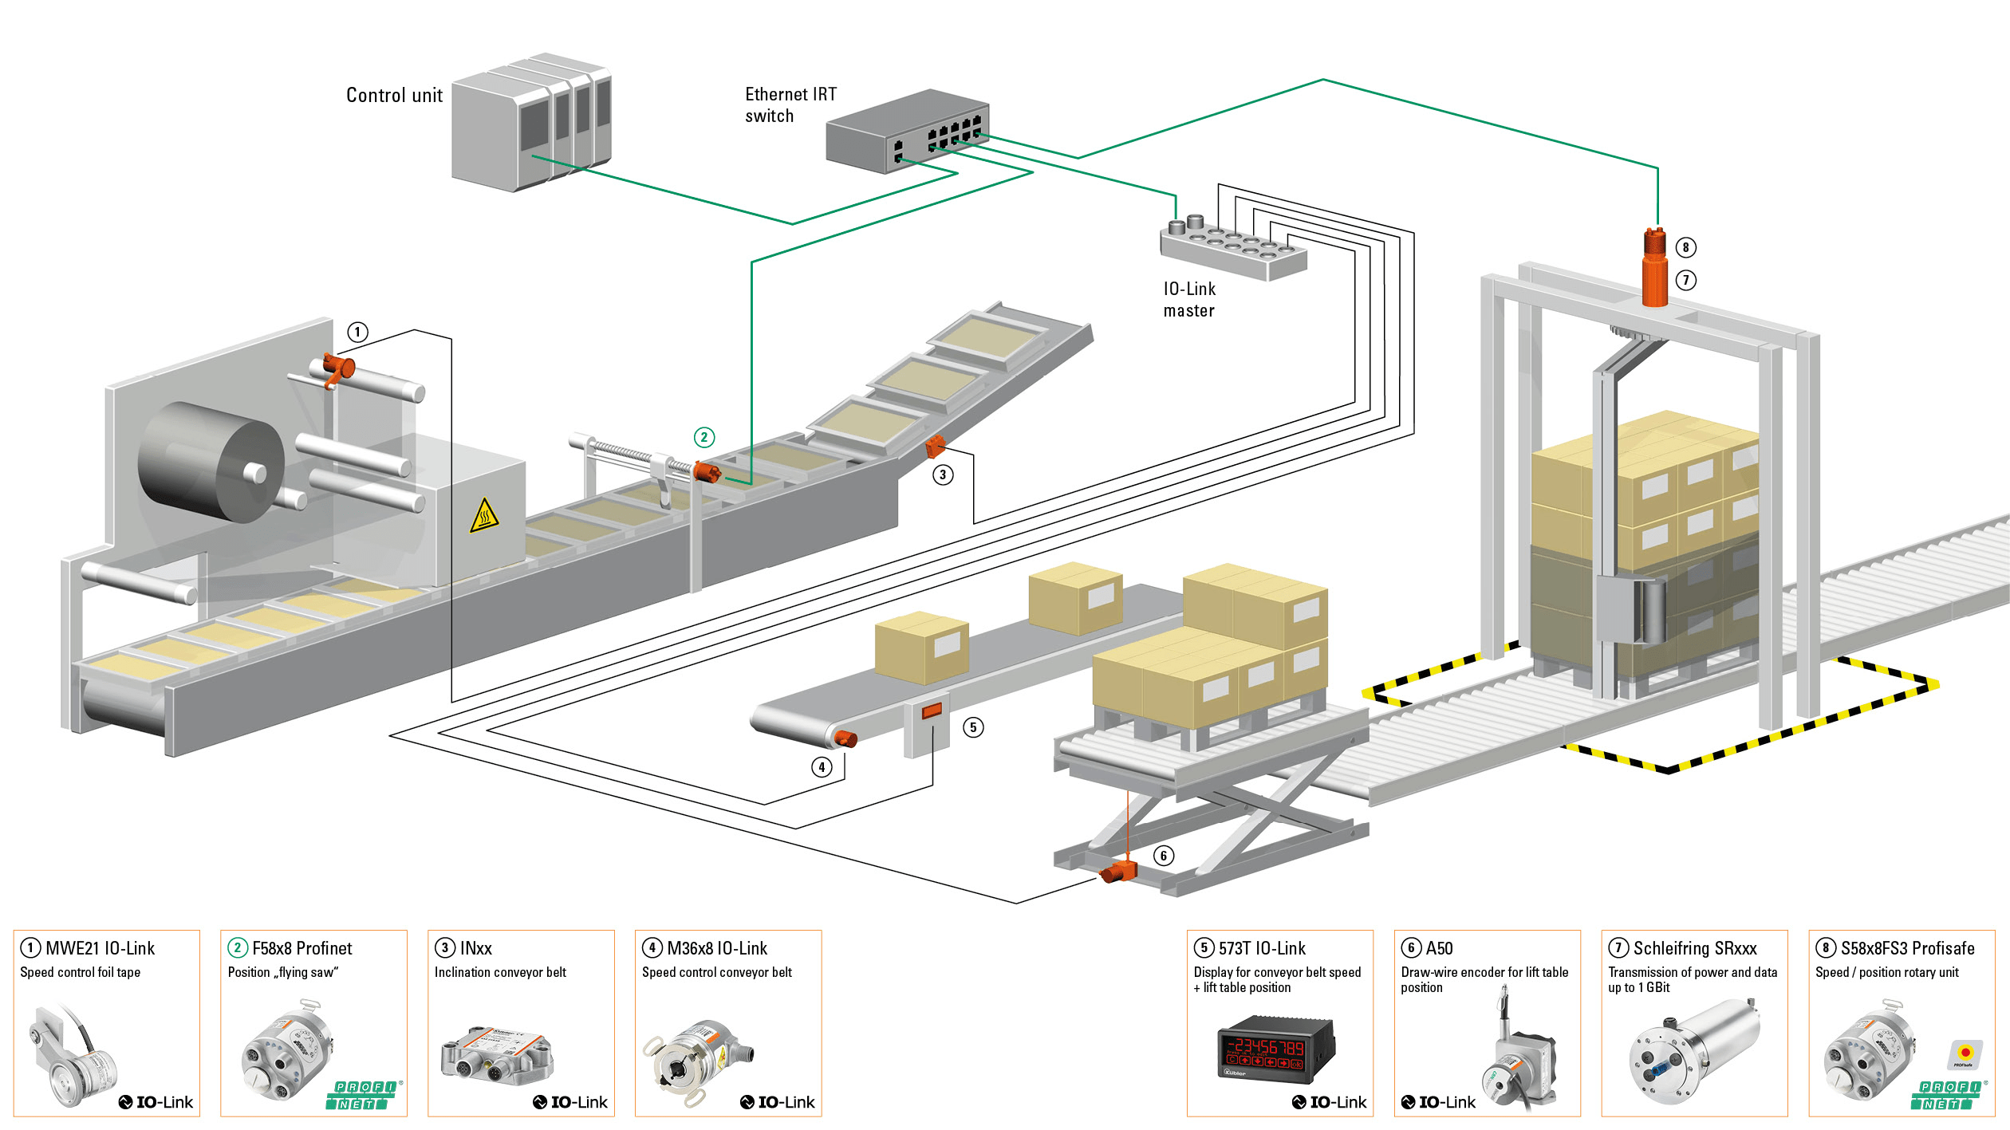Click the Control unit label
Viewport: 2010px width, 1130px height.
(394, 96)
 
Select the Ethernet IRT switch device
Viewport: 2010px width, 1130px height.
(908, 132)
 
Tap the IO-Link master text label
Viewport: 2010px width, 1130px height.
(1189, 300)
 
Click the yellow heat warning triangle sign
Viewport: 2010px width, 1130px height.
(484, 516)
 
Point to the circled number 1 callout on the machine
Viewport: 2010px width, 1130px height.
(357, 332)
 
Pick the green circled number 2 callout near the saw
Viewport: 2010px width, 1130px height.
(703, 437)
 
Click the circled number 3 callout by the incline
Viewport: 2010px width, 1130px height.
(943, 475)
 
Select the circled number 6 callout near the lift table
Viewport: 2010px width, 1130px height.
(1164, 856)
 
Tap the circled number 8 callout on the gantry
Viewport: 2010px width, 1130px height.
(1685, 247)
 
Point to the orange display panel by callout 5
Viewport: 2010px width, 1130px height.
(932, 710)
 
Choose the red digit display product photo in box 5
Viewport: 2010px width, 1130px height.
(1275, 1048)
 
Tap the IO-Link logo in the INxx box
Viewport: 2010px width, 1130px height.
(570, 1102)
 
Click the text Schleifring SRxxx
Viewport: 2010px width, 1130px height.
(1694, 948)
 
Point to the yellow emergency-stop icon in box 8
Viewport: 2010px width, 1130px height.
(1965, 1053)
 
